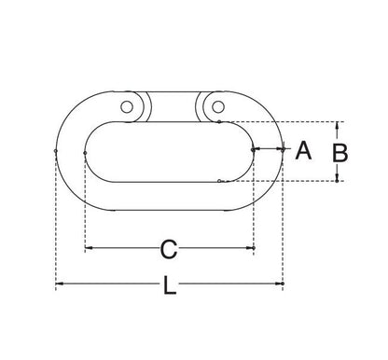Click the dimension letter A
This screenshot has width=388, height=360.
point(303,150)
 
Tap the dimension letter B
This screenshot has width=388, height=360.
point(339,153)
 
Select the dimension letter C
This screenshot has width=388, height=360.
point(169,249)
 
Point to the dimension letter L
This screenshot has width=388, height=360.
point(170,285)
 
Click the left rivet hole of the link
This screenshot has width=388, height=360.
point(127,107)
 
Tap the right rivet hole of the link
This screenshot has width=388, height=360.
point(218,107)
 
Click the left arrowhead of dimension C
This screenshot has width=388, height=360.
point(89,248)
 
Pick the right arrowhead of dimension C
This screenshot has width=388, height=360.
point(250,248)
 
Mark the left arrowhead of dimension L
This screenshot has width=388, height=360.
point(60,284)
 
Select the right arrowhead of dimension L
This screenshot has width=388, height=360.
point(279,284)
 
